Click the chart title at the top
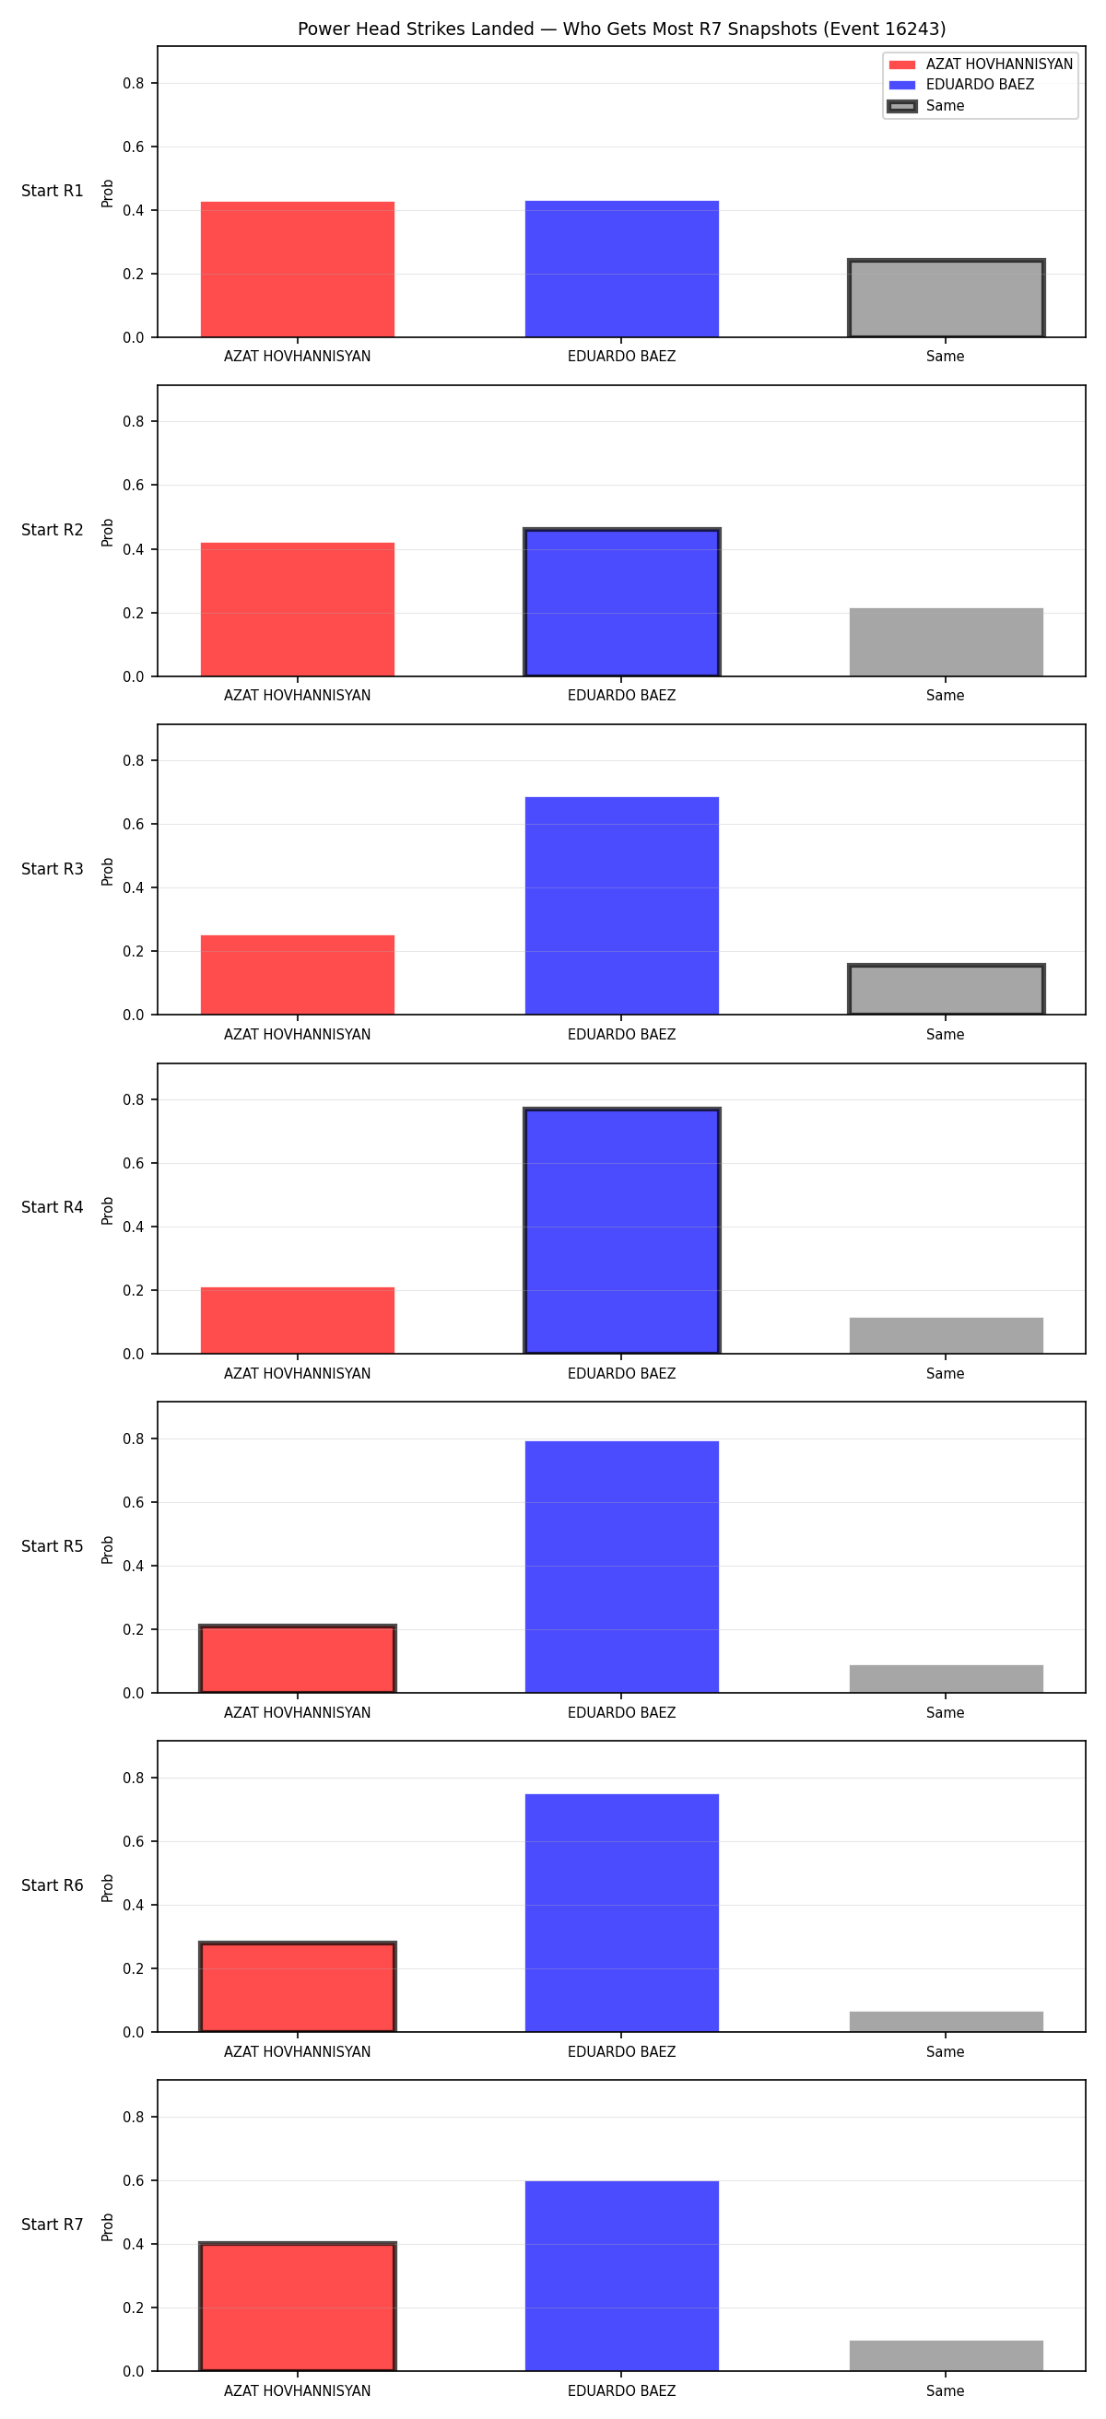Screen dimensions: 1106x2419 point(621,29)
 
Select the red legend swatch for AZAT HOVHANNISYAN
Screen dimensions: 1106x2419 point(901,65)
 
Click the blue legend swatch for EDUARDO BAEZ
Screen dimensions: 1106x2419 point(901,86)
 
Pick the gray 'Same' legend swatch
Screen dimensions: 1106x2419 point(901,106)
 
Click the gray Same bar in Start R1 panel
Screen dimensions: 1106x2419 point(946,298)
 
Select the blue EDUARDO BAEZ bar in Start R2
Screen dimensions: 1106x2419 point(621,602)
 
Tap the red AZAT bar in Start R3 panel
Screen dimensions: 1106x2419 point(298,975)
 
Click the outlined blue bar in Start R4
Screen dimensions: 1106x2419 point(621,1231)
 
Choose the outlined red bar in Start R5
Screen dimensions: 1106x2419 point(298,1660)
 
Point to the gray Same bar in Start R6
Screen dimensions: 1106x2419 point(946,2022)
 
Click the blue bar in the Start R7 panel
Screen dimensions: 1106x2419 point(621,2276)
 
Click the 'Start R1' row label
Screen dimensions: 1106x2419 point(53,191)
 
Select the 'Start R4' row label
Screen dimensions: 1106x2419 point(53,1207)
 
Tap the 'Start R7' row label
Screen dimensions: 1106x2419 point(53,2225)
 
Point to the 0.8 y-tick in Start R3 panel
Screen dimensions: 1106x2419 point(134,760)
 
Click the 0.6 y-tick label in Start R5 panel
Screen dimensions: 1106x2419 point(134,1502)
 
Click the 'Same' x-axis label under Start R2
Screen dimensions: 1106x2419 point(946,696)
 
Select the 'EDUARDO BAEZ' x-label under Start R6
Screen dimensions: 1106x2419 point(621,2052)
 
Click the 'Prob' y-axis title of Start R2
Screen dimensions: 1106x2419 point(108,533)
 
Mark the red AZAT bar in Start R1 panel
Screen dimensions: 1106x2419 point(298,269)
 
